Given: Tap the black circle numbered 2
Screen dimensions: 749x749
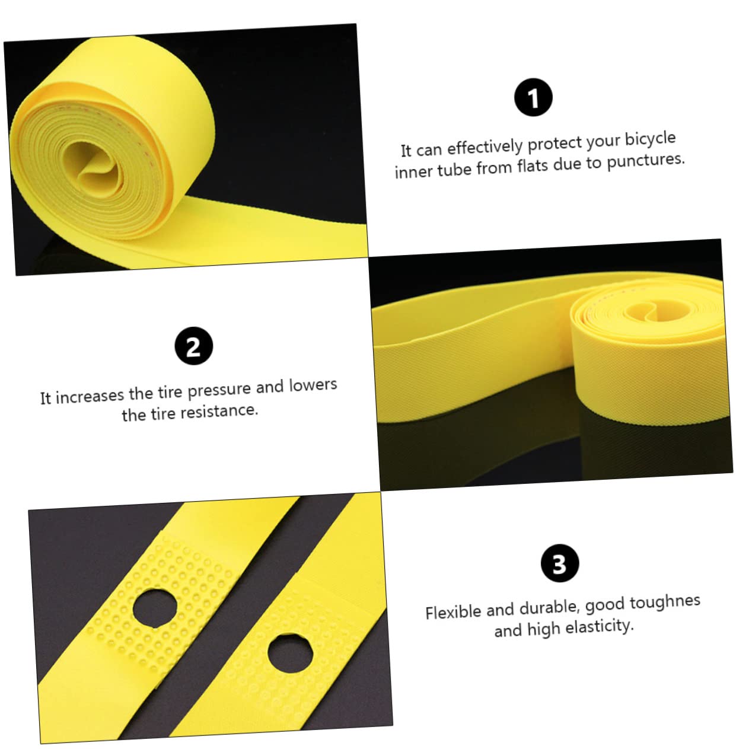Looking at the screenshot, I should [x=193, y=346].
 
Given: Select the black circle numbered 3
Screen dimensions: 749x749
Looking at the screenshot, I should [x=560, y=563].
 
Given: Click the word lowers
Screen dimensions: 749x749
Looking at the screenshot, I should [x=313, y=385].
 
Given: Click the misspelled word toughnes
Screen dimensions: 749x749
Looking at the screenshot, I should [x=665, y=602].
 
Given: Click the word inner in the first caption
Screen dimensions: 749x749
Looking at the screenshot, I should [x=415, y=171].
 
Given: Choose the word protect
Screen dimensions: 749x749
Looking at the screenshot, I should [x=554, y=144].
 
